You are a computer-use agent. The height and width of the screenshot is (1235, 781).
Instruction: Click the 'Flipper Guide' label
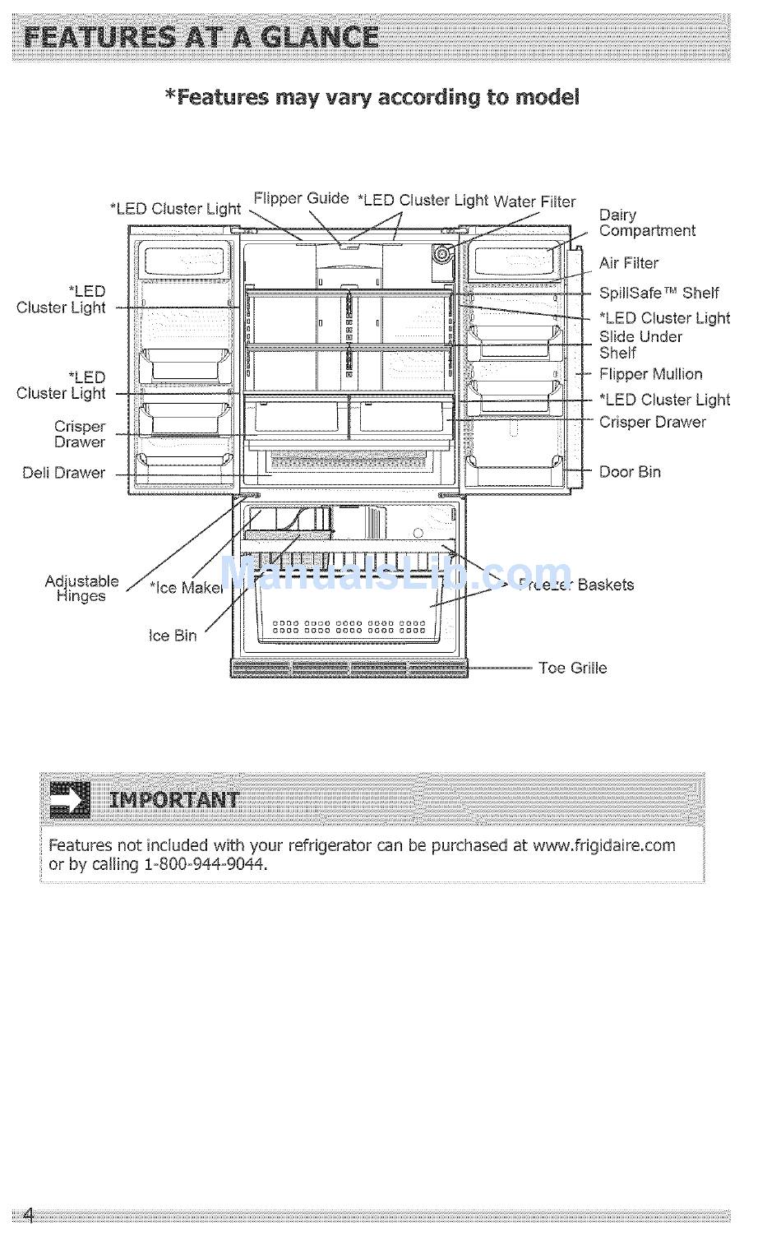tap(301, 198)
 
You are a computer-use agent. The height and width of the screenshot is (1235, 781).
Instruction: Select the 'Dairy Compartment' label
tap(646, 223)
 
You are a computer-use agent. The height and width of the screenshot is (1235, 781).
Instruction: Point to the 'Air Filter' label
tap(628, 263)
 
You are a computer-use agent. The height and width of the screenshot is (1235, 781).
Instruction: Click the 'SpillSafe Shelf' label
tap(659, 293)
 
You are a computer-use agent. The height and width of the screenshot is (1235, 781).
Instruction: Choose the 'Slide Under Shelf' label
tap(640, 345)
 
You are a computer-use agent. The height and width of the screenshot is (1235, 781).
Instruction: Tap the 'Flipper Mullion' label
tap(650, 374)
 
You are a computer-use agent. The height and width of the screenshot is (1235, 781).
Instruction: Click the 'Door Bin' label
tap(629, 472)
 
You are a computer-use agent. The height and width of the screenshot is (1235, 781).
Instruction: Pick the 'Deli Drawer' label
tap(64, 473)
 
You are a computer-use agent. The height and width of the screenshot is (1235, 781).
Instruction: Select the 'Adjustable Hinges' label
tap(81, 589)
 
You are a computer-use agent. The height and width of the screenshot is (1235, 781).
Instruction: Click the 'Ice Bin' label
tap(173, 636)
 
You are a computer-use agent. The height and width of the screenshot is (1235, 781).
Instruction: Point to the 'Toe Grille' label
tap(572, 668)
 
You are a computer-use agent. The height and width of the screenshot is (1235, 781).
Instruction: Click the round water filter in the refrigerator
tap(443, 254)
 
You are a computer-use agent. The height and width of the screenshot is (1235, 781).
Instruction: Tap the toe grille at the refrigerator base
tap(349, 668)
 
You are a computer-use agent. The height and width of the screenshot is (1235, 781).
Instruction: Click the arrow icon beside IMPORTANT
tap(70, 800)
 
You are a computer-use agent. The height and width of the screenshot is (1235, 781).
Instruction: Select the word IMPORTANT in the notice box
tap(173, 800)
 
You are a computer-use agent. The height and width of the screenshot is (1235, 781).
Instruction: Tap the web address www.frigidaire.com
tap(603, 845)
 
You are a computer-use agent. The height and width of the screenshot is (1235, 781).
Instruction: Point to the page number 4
tap(29, 1215)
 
